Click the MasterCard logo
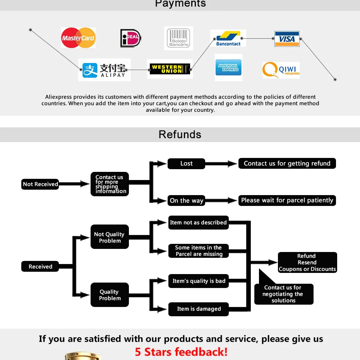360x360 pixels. pos(78,38)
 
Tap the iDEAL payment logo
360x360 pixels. pos(130,38)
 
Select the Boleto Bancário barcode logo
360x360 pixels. pos(178,38)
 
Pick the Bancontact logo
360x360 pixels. pos(228,38)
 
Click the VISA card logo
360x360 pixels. pos(287,39)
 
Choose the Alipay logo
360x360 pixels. pos(105,70)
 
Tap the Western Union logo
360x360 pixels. pos(170,69)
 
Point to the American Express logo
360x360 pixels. pos(228,68)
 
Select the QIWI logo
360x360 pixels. pos(281,70)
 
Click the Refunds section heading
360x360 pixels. pos(180,135)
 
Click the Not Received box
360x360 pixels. pos(40,184)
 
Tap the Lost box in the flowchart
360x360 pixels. pos(186,163)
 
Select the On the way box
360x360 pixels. pos(186,201)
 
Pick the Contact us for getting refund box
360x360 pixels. pos(287,163)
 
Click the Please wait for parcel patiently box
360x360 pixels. pos(287,201)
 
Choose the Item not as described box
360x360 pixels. pos(198,223)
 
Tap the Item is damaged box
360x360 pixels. pos(199,309)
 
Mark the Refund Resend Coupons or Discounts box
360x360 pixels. pos(307,262)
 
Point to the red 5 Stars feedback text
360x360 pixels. pos(181,352)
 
